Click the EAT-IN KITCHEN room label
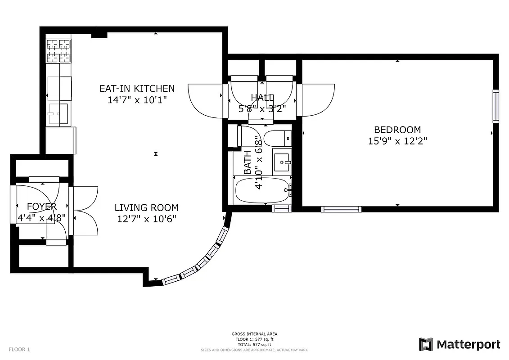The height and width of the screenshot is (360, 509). click(x=137, y=88)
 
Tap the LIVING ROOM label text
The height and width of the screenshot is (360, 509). click(x=146, y=207)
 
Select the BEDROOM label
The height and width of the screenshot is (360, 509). click(x=397, y=130)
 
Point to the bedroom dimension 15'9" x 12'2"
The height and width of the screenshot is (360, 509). click(x=397, y=141)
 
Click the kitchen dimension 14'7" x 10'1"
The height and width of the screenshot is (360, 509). click(x=137, y=99)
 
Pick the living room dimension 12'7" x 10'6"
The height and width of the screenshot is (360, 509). click(x=146, y=219)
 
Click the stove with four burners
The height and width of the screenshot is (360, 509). click(x=59, y=51)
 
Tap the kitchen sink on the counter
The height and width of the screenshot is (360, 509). click(x=58, y=113)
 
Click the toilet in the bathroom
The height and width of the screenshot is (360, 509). click(x=277, y=138)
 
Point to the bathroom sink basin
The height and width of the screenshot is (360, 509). click(x=282, y=162)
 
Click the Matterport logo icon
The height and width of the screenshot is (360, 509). click(x=426, y=344)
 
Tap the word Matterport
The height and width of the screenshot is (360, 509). click(x=468, y=345)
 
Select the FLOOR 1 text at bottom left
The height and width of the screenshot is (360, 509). click(x=19, y=349)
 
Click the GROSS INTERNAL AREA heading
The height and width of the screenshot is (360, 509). click(x=254, y=334)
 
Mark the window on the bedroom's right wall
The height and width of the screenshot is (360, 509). click(x=495, y=106)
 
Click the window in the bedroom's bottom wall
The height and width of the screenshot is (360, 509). click(x=341, y=209)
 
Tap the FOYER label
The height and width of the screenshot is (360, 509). click(x=42, y=207)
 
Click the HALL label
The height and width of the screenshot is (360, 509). click(x=262, y=97)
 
